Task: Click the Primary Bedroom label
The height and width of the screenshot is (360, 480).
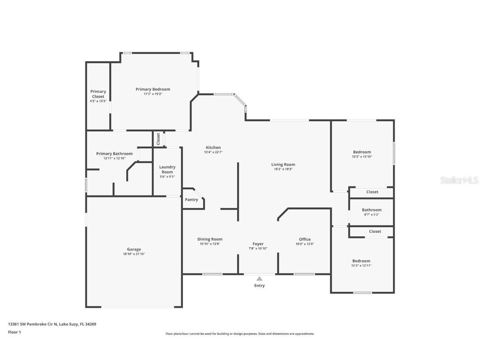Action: coord(153,89)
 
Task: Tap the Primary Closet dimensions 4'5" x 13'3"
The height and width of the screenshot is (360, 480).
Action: coord(98,101)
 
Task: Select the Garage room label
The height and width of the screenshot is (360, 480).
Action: coord(134,249)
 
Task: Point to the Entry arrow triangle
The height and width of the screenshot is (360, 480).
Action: coord(259,278)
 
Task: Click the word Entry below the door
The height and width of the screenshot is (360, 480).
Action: coord(259,285)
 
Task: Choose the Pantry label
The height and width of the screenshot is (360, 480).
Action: coord(191,200)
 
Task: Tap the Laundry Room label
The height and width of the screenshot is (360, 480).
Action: coord(167,170)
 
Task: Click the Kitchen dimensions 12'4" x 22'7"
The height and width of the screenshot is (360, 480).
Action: coord(213,152)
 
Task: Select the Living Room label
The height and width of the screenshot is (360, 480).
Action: coord(283,165)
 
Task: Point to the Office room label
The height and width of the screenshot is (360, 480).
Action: coord(305,239)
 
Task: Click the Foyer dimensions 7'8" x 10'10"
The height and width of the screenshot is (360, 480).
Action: coord(258,248)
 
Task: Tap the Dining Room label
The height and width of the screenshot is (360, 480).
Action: coord(210,239)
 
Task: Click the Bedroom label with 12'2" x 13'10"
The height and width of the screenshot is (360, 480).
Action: coord(362,152)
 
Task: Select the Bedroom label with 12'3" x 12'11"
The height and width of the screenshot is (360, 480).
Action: coord(361,261)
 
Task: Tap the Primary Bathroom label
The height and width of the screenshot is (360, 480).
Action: coord(114,154)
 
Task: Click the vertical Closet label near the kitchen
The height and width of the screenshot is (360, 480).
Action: coord(158,139)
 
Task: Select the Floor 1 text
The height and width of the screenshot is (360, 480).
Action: coord(14,332)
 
